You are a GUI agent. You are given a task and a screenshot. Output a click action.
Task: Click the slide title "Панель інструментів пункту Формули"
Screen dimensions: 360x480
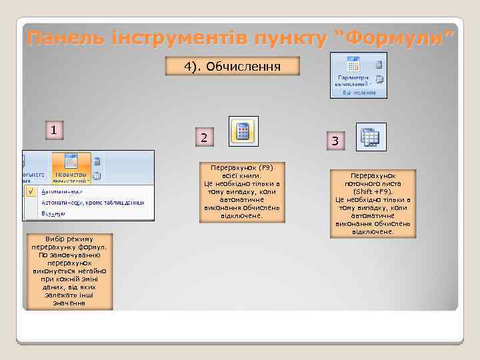point(242,39)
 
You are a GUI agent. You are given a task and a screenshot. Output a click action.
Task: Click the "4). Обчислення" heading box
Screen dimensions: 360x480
point(232,66)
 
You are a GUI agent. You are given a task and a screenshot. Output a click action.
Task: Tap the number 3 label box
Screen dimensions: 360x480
point(335,140)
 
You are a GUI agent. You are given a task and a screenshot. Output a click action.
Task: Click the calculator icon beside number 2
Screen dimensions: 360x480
point(243,131)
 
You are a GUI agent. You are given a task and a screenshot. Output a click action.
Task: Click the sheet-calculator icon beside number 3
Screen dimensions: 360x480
point(369,136)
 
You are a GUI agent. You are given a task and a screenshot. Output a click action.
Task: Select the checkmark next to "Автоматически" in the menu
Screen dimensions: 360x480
point(31,190)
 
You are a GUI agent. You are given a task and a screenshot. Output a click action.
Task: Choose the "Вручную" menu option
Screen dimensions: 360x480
point(53,214)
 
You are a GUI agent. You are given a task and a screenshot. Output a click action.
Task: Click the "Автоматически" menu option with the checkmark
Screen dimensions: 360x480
point(60,190)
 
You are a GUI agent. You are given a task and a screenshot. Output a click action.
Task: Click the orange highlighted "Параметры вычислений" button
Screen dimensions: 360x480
point(70,168)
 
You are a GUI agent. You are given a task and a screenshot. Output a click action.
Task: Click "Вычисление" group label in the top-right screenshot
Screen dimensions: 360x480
point(359,93)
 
